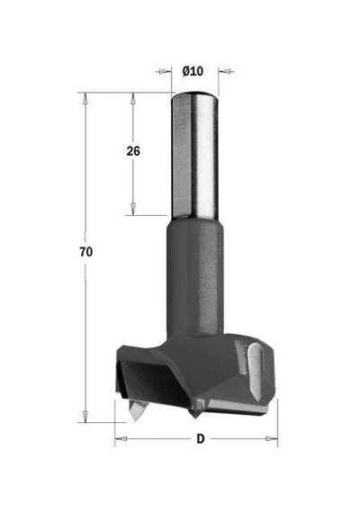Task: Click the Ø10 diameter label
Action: pyautogui.click(x=193, y=71)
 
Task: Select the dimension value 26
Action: pyautogui.click(x=133, y=151)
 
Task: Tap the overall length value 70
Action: pyautogui.click(x=86, y=252)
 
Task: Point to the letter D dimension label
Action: pyautogui.click(x=201, y=438)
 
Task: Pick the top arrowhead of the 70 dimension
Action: pyautogui.click(x=85, y=98)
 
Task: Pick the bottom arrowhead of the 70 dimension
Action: pyautogui.click(x=85, y=416)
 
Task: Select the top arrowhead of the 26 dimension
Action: pyautogui.click(x=133, y=98)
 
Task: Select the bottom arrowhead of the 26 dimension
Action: pyautogui.click(x=133, y=210)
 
